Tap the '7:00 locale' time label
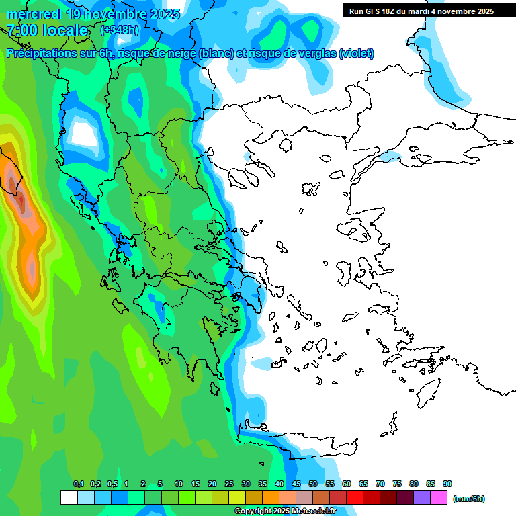coord(47,30)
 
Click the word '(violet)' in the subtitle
coord(356,54)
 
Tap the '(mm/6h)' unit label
coord(468,499)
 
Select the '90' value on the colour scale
coord(447,484)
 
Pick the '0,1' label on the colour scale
coord(78,484)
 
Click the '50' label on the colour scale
coord(313,484)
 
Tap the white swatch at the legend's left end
coord(69,498)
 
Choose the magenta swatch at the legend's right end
coord(439,498)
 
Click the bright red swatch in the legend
coord(355,498)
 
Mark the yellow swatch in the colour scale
coord(237,498)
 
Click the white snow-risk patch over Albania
coord(83,133)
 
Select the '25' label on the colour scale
coord(229,484)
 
